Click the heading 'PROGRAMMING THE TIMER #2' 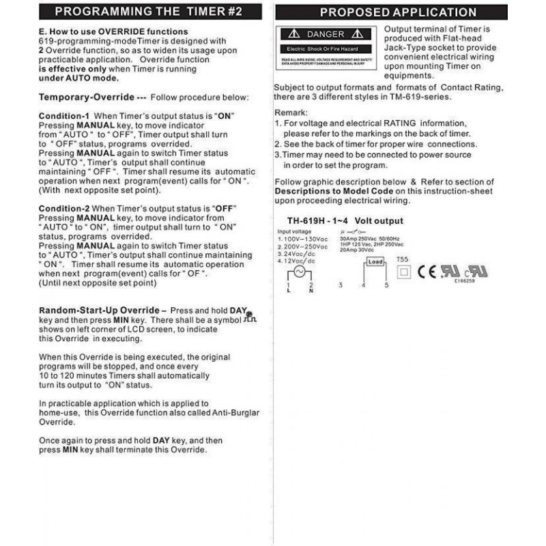tap(147, 12)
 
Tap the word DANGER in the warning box tap(326, 34)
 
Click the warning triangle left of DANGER tap(293, 34)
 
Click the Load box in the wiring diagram tap(375, 261)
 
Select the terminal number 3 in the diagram tap(340, 285)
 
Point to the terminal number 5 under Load tap(386, 285)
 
